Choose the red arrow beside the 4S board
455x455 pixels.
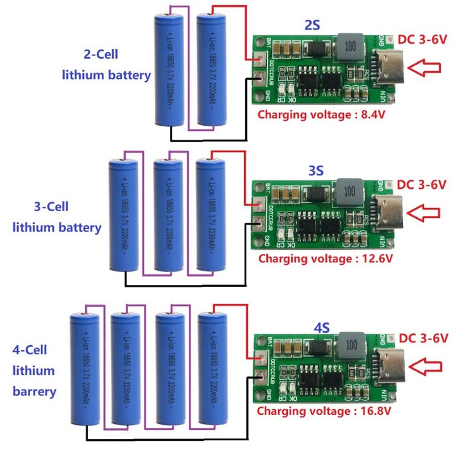pyautogui.click(x=427, y=364)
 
